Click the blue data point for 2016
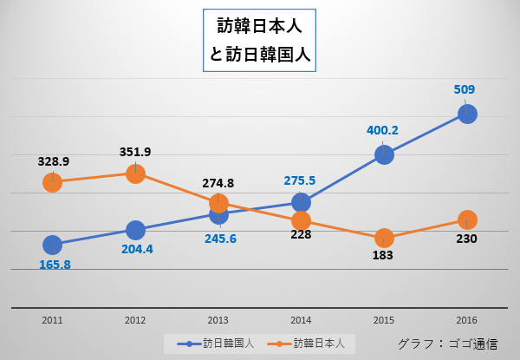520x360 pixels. pos(467,114)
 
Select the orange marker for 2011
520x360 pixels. pos(52,182)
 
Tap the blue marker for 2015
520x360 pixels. pos(384,154)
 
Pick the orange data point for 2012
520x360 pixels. pos(135,173)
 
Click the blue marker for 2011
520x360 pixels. pos(52,245)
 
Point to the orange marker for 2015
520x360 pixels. pos(384,238)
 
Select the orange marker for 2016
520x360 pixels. pos(467,219)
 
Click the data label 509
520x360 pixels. pos(465,89)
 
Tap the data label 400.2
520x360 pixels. pos(382,130)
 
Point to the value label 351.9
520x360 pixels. pos(135,152)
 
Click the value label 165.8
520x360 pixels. pos(55,265)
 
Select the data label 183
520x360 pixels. pos(382,255)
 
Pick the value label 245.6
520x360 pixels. pos(220,239)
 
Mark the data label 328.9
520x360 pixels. pos(54,161)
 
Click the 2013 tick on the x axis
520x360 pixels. pos(218,320)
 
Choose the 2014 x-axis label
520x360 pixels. pos(301,320)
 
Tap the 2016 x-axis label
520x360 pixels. pos(466,320)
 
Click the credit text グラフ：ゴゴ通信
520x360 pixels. pos(447,344)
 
